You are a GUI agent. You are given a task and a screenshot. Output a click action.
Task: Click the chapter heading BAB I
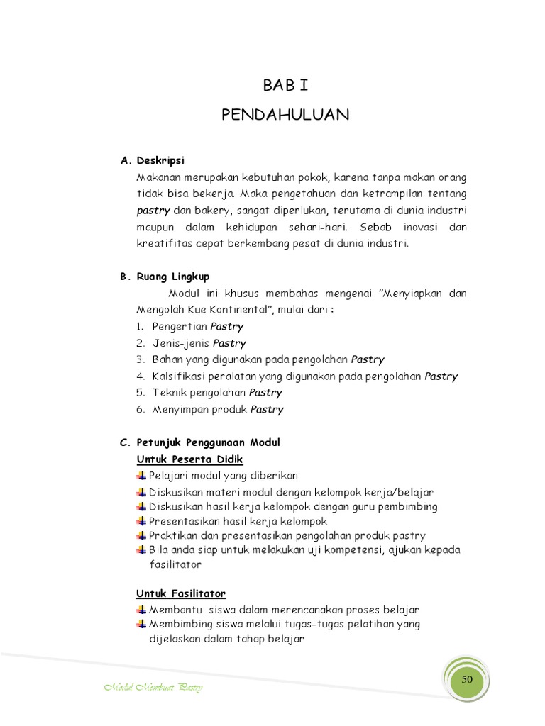point(285,86)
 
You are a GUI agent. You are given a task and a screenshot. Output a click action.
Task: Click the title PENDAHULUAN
point(285,115)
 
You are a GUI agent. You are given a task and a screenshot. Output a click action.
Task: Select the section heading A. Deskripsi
point(153,160)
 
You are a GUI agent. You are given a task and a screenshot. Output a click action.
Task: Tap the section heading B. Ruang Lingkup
point(165,277)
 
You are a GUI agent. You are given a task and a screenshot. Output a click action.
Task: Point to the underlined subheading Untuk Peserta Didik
point(189,459)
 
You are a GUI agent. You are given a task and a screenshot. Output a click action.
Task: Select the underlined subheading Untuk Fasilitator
point(181,593)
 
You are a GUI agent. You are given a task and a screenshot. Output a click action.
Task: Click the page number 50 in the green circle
point(466,679)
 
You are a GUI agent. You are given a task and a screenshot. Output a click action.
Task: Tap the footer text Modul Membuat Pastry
point(153,688)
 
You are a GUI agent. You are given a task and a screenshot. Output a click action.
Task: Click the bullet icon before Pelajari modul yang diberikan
point(141,475)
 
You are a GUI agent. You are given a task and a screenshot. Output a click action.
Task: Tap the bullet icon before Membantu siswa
point(141,609)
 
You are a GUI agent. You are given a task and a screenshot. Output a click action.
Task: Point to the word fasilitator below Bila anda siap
point(175,565)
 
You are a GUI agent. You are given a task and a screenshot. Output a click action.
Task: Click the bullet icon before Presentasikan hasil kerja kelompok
point(141,521)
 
